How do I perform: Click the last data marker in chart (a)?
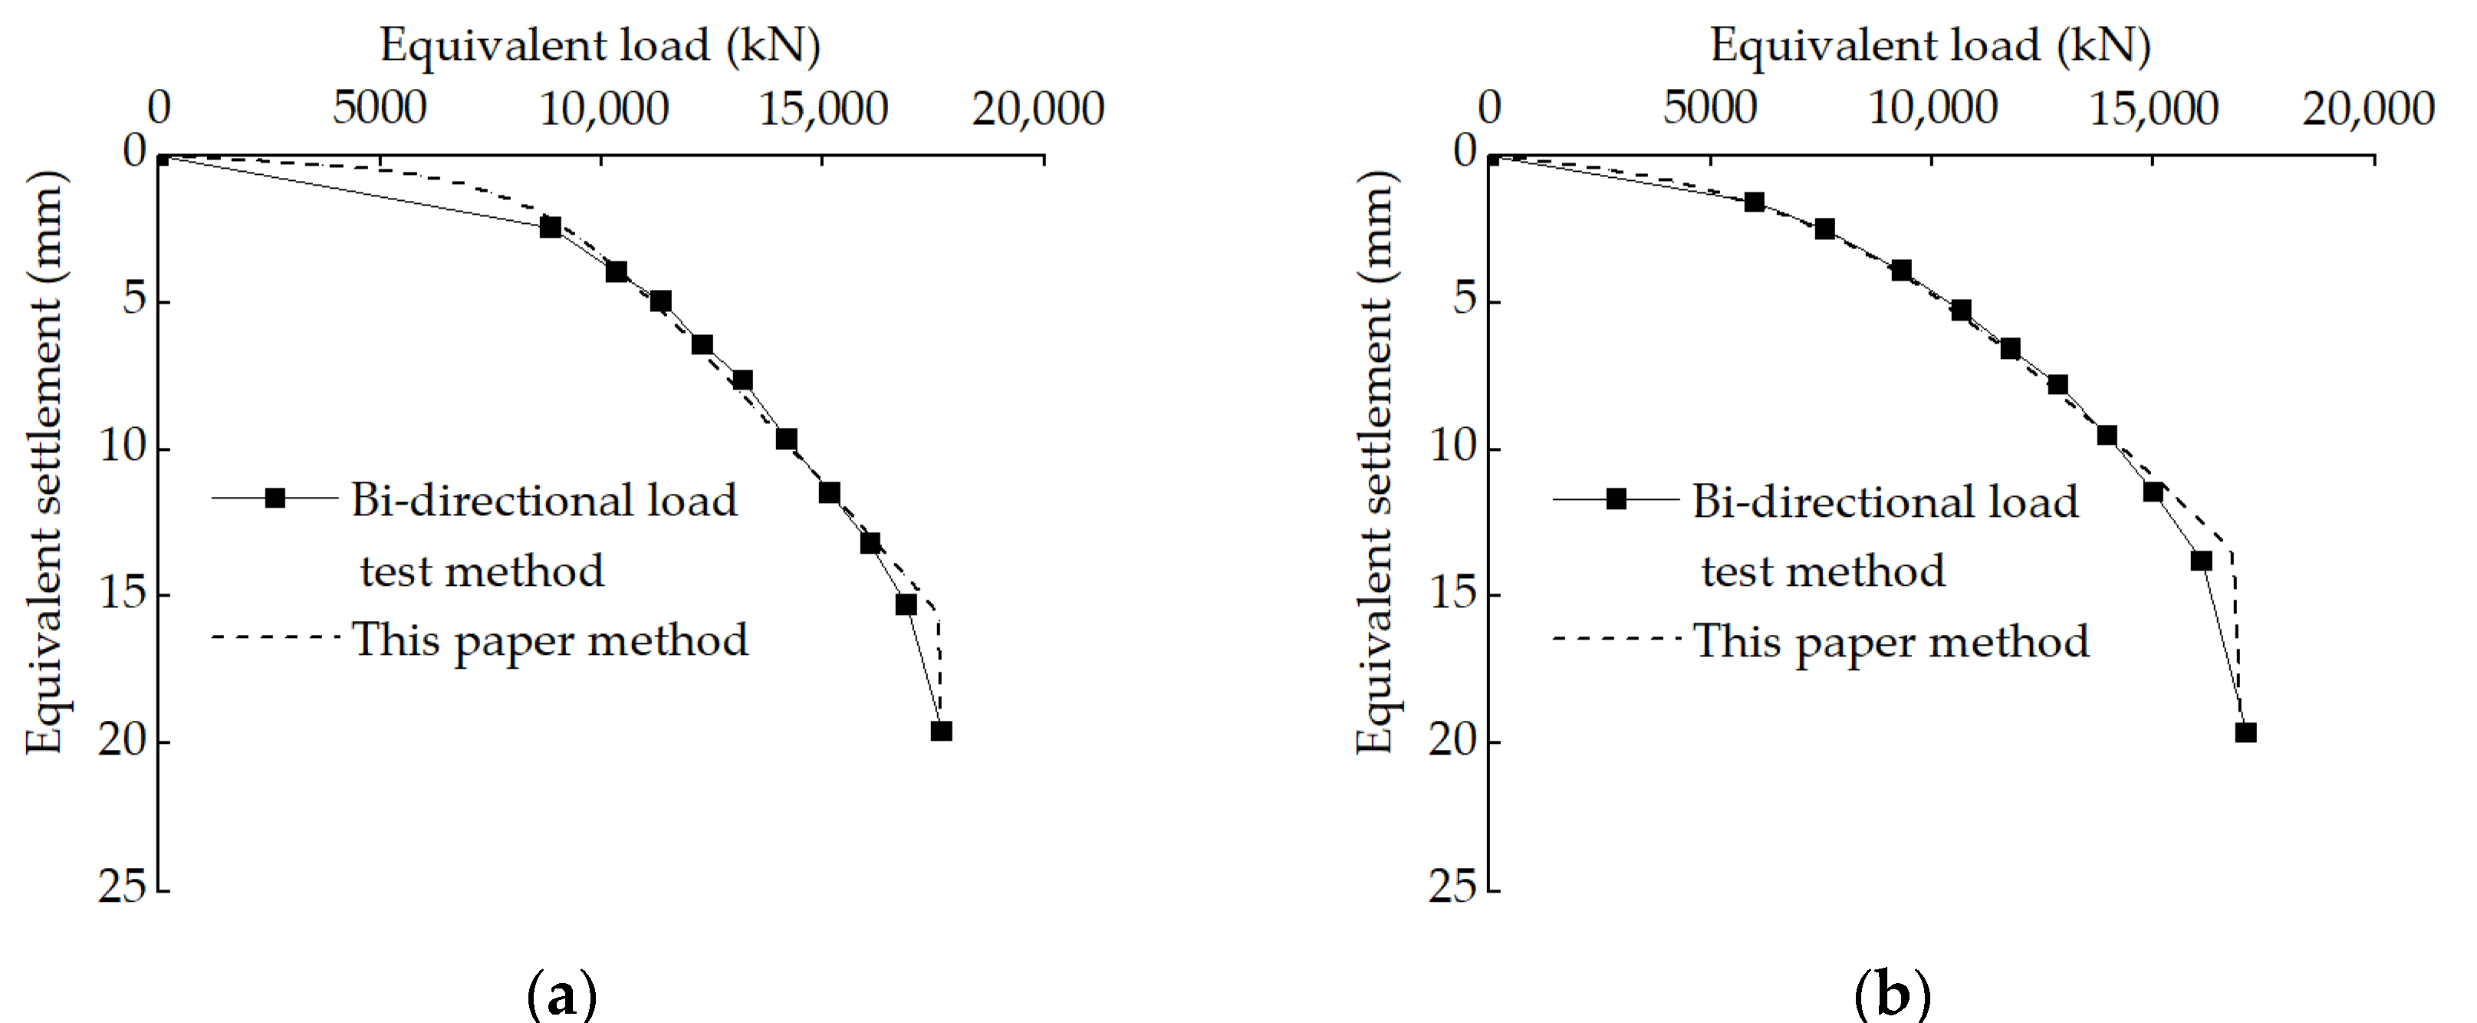942,731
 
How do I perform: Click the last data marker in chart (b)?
2245,732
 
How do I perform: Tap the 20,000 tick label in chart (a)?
1038,109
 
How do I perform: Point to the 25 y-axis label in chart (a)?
122,886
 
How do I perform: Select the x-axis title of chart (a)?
600,45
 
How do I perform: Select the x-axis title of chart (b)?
1930,45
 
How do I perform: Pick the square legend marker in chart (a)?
275,498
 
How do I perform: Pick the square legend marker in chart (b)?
1617,498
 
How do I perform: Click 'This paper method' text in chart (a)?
549,640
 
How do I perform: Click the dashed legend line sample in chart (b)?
1616,638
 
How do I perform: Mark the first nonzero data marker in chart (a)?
550,228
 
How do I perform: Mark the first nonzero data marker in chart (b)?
1755,202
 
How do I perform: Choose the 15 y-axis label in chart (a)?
122,594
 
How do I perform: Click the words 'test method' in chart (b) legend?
1822,571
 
